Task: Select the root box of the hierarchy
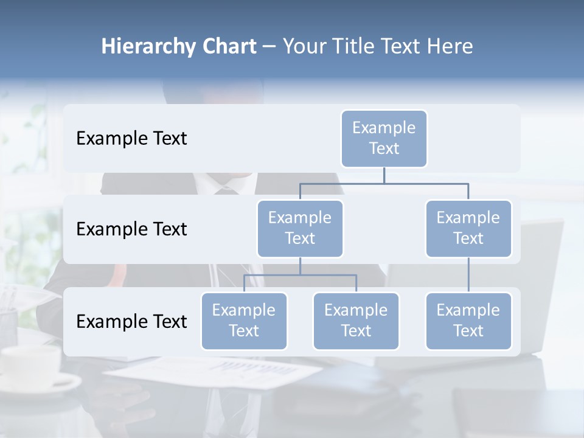[x=384, y=139]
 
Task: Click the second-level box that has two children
[x=300, y=229]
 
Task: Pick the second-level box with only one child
[x=468, y=229]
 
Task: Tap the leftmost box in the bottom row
[x=244, y=321]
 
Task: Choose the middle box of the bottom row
[x=356, y=321]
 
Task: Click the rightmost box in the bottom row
[x=468, y=321]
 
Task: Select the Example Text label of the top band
[x=131, y=139]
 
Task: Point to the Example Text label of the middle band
[x=131, y=229]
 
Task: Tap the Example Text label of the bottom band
[x=131, y=322]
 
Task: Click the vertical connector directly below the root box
[x=384, y=175]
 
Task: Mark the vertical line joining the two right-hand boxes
[x=468, y=275]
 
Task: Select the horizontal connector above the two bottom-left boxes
[x=300, y=275]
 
